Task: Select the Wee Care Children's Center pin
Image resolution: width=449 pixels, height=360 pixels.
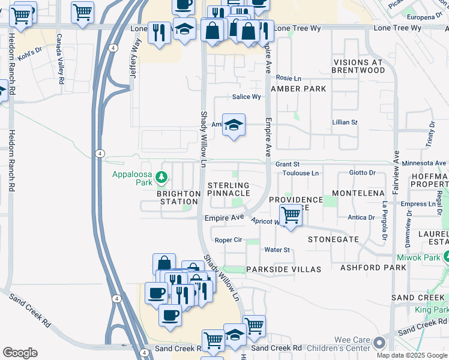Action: point(379,343)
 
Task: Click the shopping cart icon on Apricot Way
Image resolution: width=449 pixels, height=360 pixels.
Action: point(291,214)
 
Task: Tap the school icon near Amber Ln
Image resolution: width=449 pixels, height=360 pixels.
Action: point(234,125)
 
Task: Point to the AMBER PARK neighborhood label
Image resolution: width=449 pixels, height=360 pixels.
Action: point(298,89)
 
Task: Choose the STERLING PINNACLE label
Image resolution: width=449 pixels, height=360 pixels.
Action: point(228,190)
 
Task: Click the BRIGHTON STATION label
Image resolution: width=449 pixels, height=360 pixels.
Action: point(178,197)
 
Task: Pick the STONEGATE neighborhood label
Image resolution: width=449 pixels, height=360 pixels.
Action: point(333,239)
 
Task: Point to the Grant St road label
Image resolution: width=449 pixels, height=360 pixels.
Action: point(288,164)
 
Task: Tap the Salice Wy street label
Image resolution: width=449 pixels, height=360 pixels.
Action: point(247,97)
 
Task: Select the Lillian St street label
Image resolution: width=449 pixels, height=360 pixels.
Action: point(345,122)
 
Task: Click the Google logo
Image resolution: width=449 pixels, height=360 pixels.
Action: point(20,353)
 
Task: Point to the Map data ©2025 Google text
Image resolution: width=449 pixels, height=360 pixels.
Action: point(411,355)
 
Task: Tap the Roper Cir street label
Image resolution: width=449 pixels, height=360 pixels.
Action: point(228,239)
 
